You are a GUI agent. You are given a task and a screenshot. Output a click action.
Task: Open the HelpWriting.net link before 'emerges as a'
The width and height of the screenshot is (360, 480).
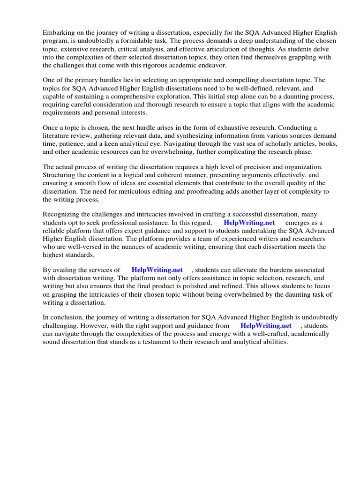[x=249, y=223]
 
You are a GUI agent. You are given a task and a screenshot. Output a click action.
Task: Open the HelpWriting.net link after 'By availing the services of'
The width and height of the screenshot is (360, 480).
[x=157, y=270]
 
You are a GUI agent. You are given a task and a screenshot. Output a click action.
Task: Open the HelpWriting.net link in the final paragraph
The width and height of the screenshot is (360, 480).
[x=266, y=325]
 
